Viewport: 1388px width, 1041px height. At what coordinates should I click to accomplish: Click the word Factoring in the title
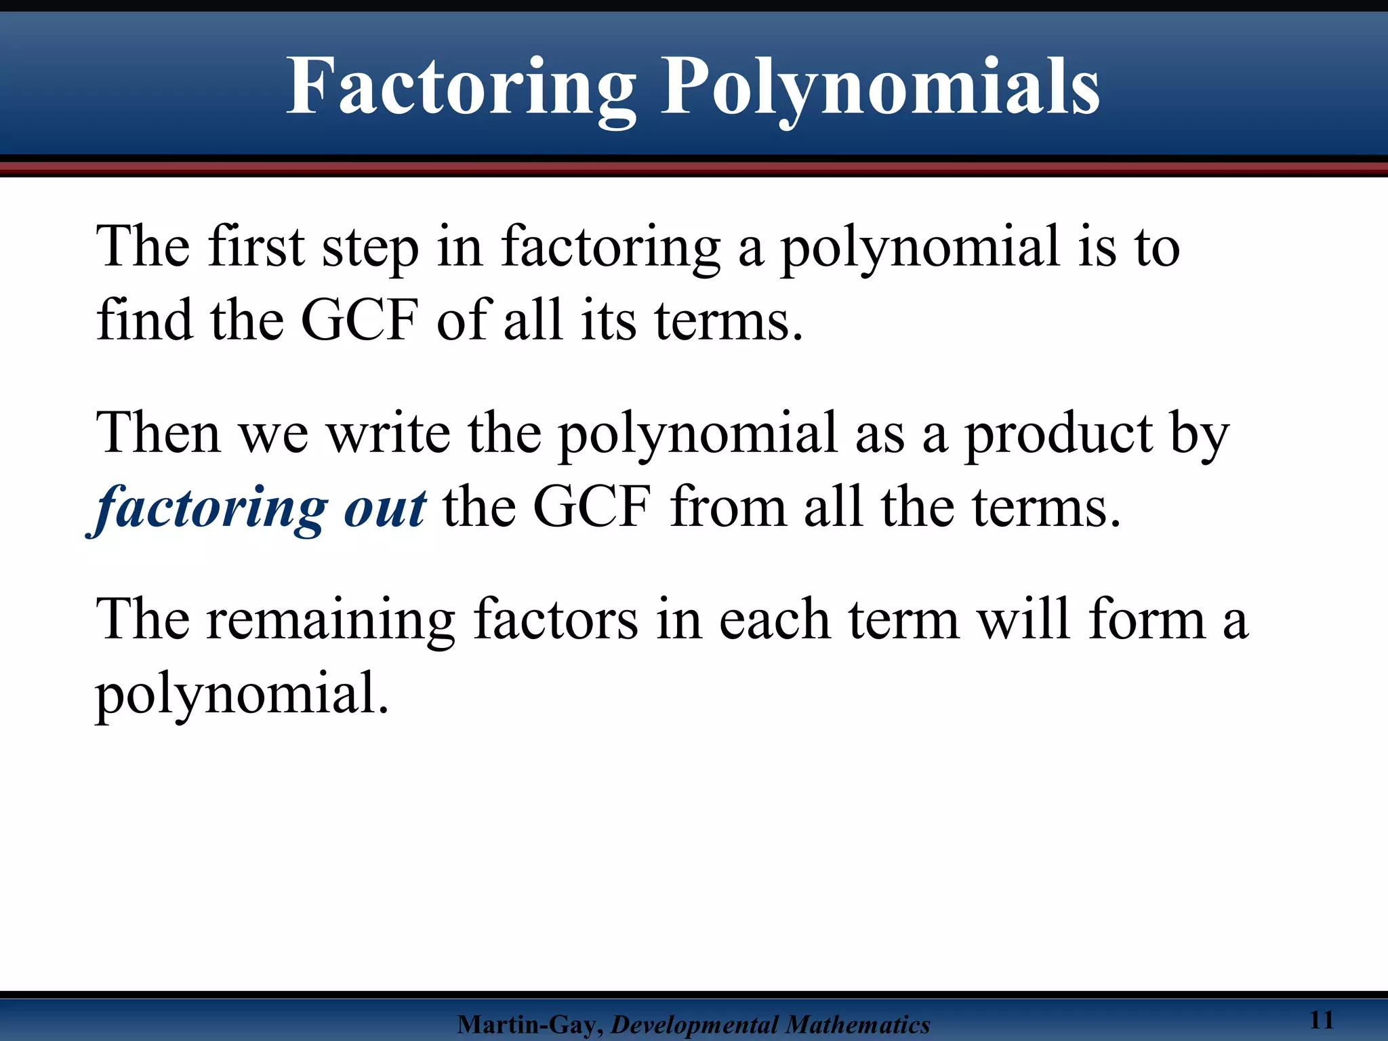click(x=461, y=88)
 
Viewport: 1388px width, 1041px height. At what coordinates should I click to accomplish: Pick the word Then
click(x=159, y=434)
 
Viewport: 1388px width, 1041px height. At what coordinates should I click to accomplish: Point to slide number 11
click(x=1322, y=1019)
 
